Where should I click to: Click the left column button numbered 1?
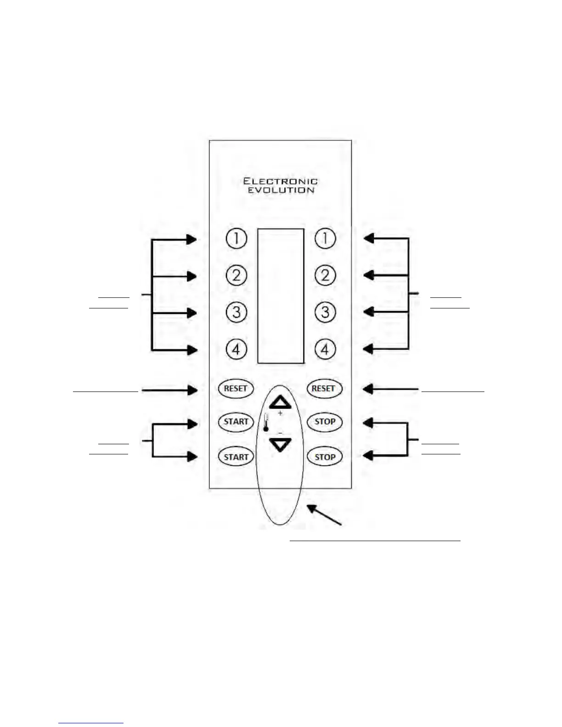236,238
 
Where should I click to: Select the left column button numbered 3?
236,313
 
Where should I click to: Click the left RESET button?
236,388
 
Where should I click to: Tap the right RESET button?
323,388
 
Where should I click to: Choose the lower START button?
236,457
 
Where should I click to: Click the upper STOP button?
325,422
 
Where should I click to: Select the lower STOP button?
325,457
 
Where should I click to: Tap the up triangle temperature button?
280,403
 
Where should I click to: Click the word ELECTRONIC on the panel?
280,181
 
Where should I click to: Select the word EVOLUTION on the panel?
281,190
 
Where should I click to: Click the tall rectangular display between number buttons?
281,296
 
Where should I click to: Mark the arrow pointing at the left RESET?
170,390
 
